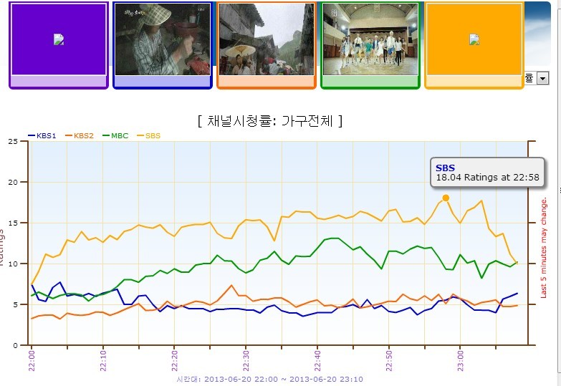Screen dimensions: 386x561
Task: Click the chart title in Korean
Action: pyautogui.click(x=269, y=121)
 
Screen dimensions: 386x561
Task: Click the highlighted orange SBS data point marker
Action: pyautogui.click(x=446, y=198)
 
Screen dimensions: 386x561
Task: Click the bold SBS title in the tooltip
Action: pyautogui.click(x=445, y=168)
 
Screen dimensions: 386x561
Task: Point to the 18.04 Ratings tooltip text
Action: pyautogui.click(x=487, y=178)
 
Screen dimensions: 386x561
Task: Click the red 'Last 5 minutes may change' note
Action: pyautogui.click(x=544, y=247)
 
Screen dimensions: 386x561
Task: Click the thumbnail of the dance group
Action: pyautogui.click(x=370, y=39)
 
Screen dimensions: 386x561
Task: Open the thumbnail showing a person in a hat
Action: pyautogui.click(x=163, y=39)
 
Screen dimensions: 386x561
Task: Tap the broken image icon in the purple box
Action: pyautogui.click(x=59, y=39)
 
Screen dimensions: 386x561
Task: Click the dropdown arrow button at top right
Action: pyautogui.click(x=542, y=78)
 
